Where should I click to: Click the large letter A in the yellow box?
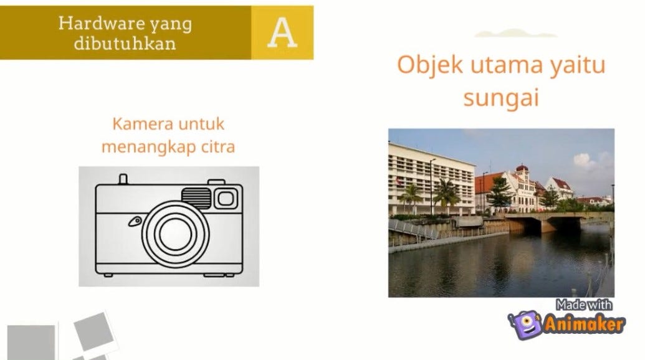coord(282,32)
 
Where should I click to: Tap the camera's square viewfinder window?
coord(225,198)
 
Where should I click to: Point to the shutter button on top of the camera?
coord(123,179)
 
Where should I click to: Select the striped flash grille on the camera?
coord(196,196)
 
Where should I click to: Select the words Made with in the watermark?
coord(583,305)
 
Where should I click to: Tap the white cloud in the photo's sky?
coord(585,161)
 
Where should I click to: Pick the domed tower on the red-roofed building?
coord(522,169)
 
